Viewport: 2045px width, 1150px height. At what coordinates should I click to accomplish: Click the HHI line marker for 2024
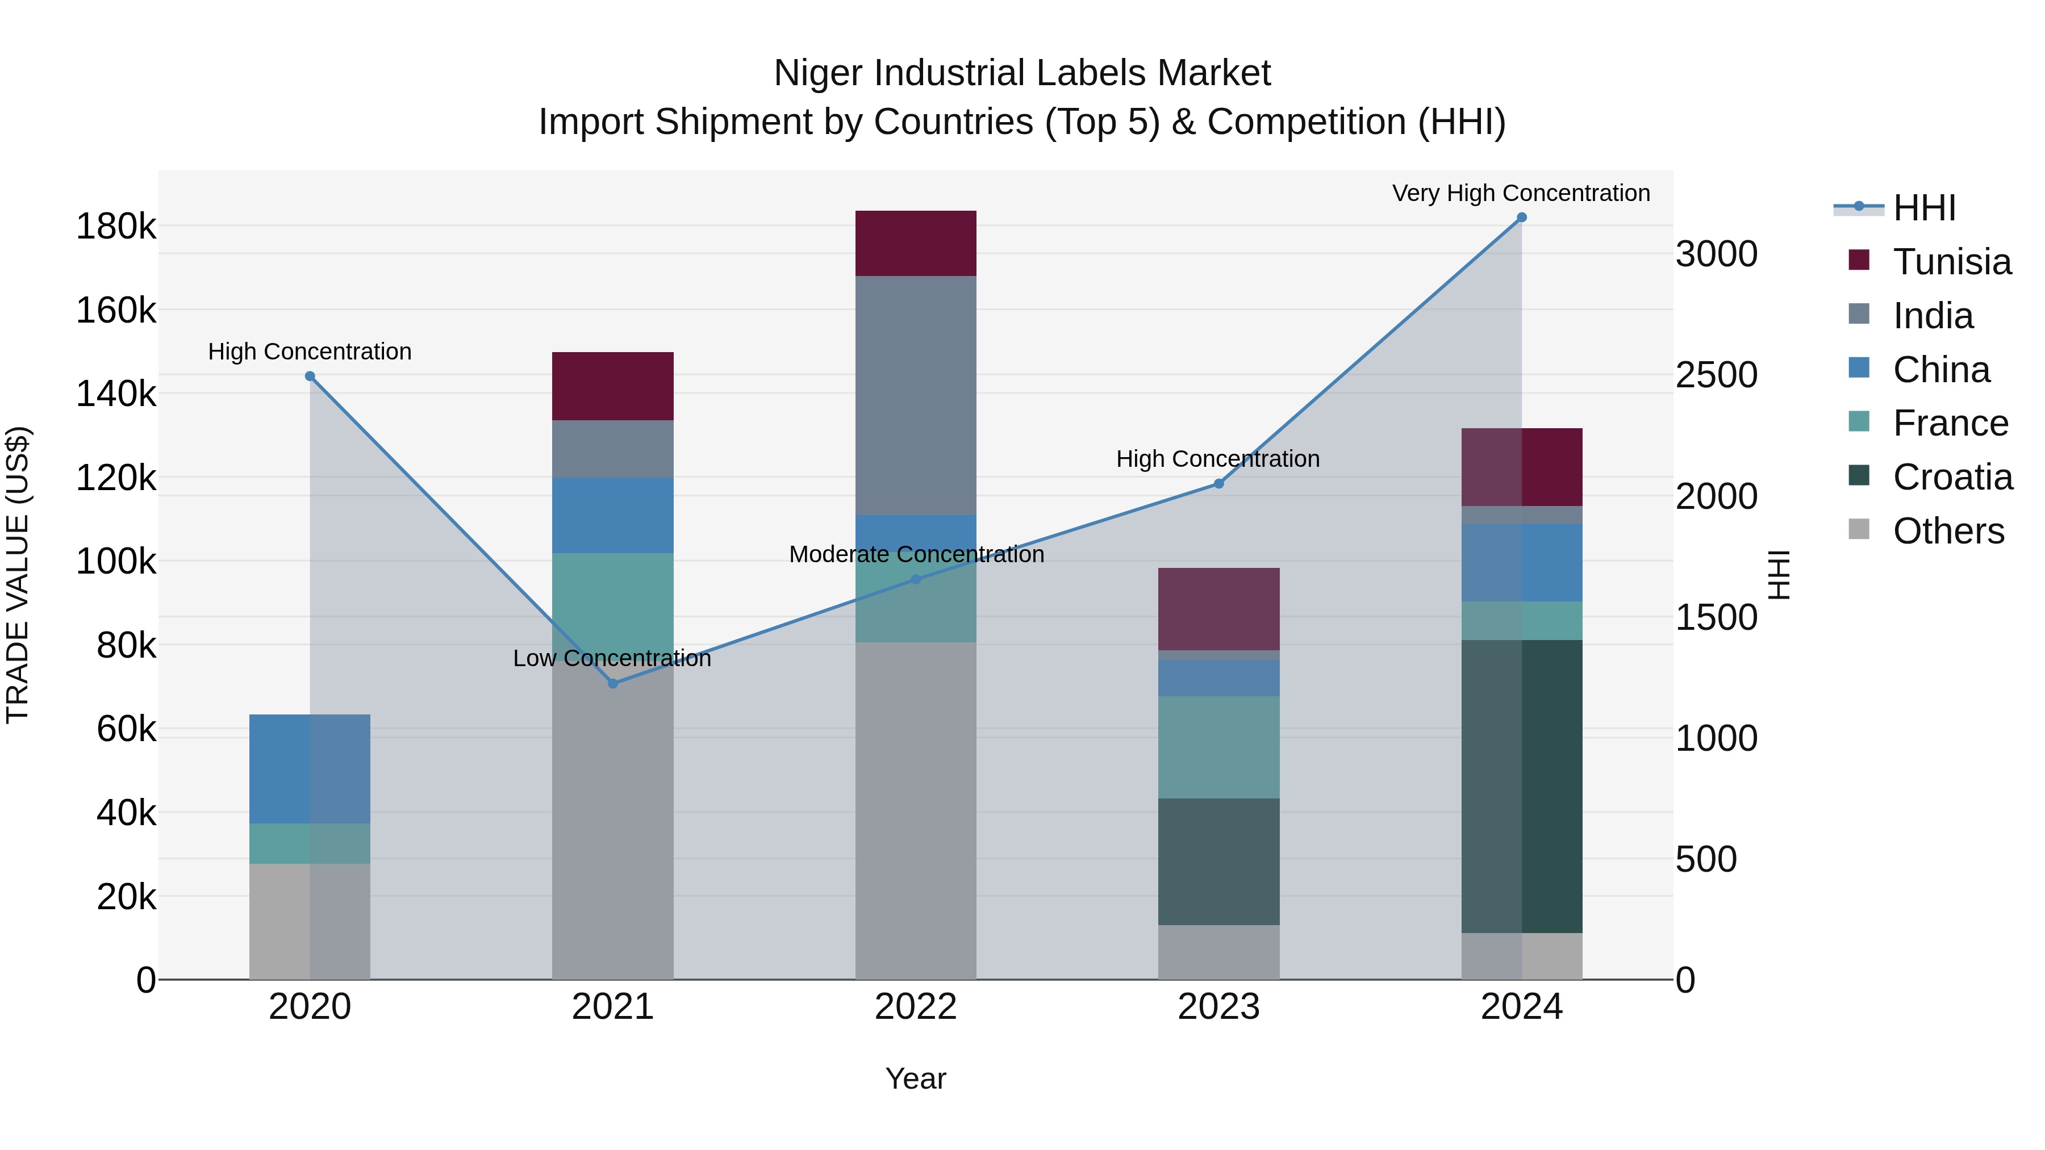pyautogui.click(x=1521, y=218)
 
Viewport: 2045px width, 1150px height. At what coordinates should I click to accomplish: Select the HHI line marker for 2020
pyautogui.click(x=310, y=376)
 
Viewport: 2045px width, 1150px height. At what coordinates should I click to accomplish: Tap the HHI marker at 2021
pyautogui.click(x=613, y=683)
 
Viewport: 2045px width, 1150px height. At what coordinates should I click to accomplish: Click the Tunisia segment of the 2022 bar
pyautogui.click(x=915, y=244)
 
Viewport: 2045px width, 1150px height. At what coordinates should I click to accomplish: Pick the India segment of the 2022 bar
pyautogui.click(x=915, y=395)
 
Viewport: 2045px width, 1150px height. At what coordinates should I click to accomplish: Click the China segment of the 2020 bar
pyautogui.click(x=310, y=768)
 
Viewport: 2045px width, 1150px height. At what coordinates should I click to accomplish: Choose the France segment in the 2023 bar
pyautogui.click(x=1218, y=747)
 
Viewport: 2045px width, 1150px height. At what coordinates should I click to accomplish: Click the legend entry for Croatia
pyautogui.click(x=1952, y=477)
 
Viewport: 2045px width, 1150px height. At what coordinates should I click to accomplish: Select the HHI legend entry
pyautogui.click(x=1923, y=208)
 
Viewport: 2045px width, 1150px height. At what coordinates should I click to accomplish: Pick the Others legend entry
pyautogui.click(x=1948, y=531)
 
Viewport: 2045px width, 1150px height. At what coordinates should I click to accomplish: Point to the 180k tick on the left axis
pyautogui.click(x=116, y=227)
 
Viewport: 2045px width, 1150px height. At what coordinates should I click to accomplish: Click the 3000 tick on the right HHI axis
pyautogui.click(x=1716, y=255)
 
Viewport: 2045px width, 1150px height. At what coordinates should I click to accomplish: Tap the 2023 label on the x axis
pyautogui.click(x=1218, y=1007)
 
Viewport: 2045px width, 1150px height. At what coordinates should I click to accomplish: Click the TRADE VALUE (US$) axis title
pyautogui.click(x=18, y=575)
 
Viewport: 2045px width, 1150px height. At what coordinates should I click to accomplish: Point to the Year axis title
pyautogui.click(x=915, y=1078)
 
